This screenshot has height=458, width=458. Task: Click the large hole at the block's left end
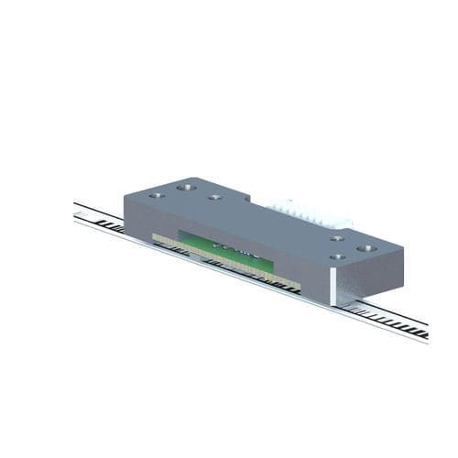[186, 187]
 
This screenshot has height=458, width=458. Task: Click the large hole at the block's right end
[367, 247]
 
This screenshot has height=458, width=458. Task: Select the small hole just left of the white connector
[214, 196]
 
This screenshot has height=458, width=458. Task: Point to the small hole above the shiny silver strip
[337, 257]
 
